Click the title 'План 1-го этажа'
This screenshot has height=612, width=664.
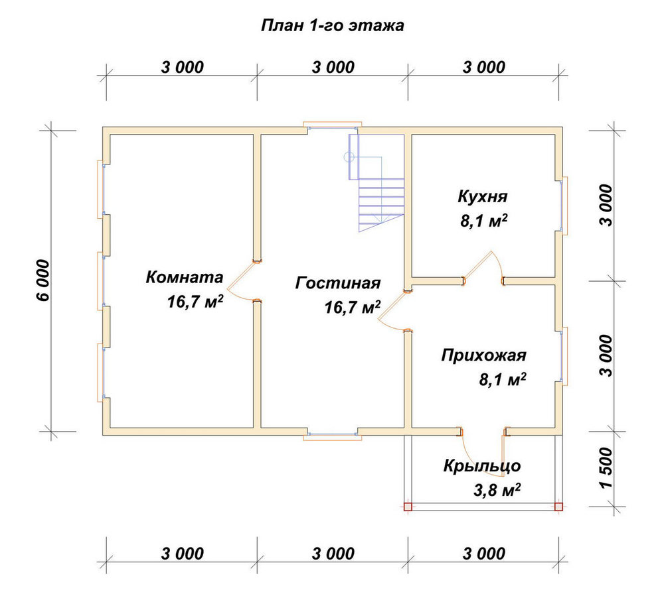333,25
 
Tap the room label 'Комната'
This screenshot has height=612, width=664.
184,277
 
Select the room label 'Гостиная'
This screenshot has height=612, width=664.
338,283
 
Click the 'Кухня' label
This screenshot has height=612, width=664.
482,197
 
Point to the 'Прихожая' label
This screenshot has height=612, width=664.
483,355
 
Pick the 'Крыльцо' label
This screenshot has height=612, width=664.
482,465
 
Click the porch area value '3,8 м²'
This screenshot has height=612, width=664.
496,491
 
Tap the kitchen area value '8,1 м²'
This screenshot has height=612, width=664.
484,221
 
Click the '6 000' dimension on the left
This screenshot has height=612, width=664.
44,280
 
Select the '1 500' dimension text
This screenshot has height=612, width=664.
606,467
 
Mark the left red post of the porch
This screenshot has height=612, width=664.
408,507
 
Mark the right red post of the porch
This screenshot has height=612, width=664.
558,507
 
